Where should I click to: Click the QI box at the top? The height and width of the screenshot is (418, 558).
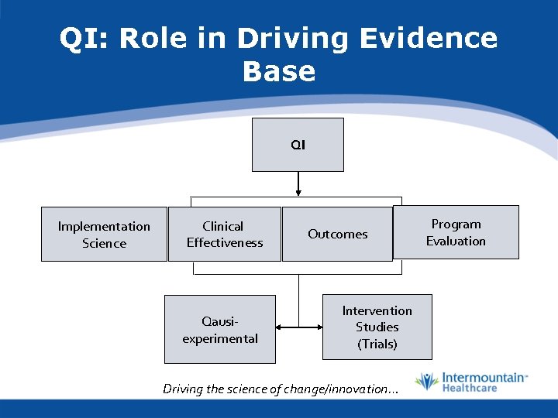point(298,145)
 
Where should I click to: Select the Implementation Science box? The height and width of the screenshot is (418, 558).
point(104,235)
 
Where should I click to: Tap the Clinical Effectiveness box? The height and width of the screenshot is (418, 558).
point(225,235)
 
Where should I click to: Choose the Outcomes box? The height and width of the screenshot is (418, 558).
point(337,234)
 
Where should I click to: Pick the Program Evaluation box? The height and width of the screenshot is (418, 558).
point(456,232)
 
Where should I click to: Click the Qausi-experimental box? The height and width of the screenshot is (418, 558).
point(220,330)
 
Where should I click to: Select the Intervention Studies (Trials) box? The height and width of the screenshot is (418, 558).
point(377,327)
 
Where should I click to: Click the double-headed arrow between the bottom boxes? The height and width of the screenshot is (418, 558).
point(298,327)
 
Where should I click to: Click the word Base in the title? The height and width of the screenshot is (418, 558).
point(279,71)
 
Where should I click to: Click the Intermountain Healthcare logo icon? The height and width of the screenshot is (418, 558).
point(426,382)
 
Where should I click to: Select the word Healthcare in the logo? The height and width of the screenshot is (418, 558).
point(470,388)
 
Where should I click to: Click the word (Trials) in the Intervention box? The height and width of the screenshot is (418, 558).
point(377,344)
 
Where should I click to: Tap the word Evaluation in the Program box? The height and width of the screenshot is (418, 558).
point(456,241)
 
